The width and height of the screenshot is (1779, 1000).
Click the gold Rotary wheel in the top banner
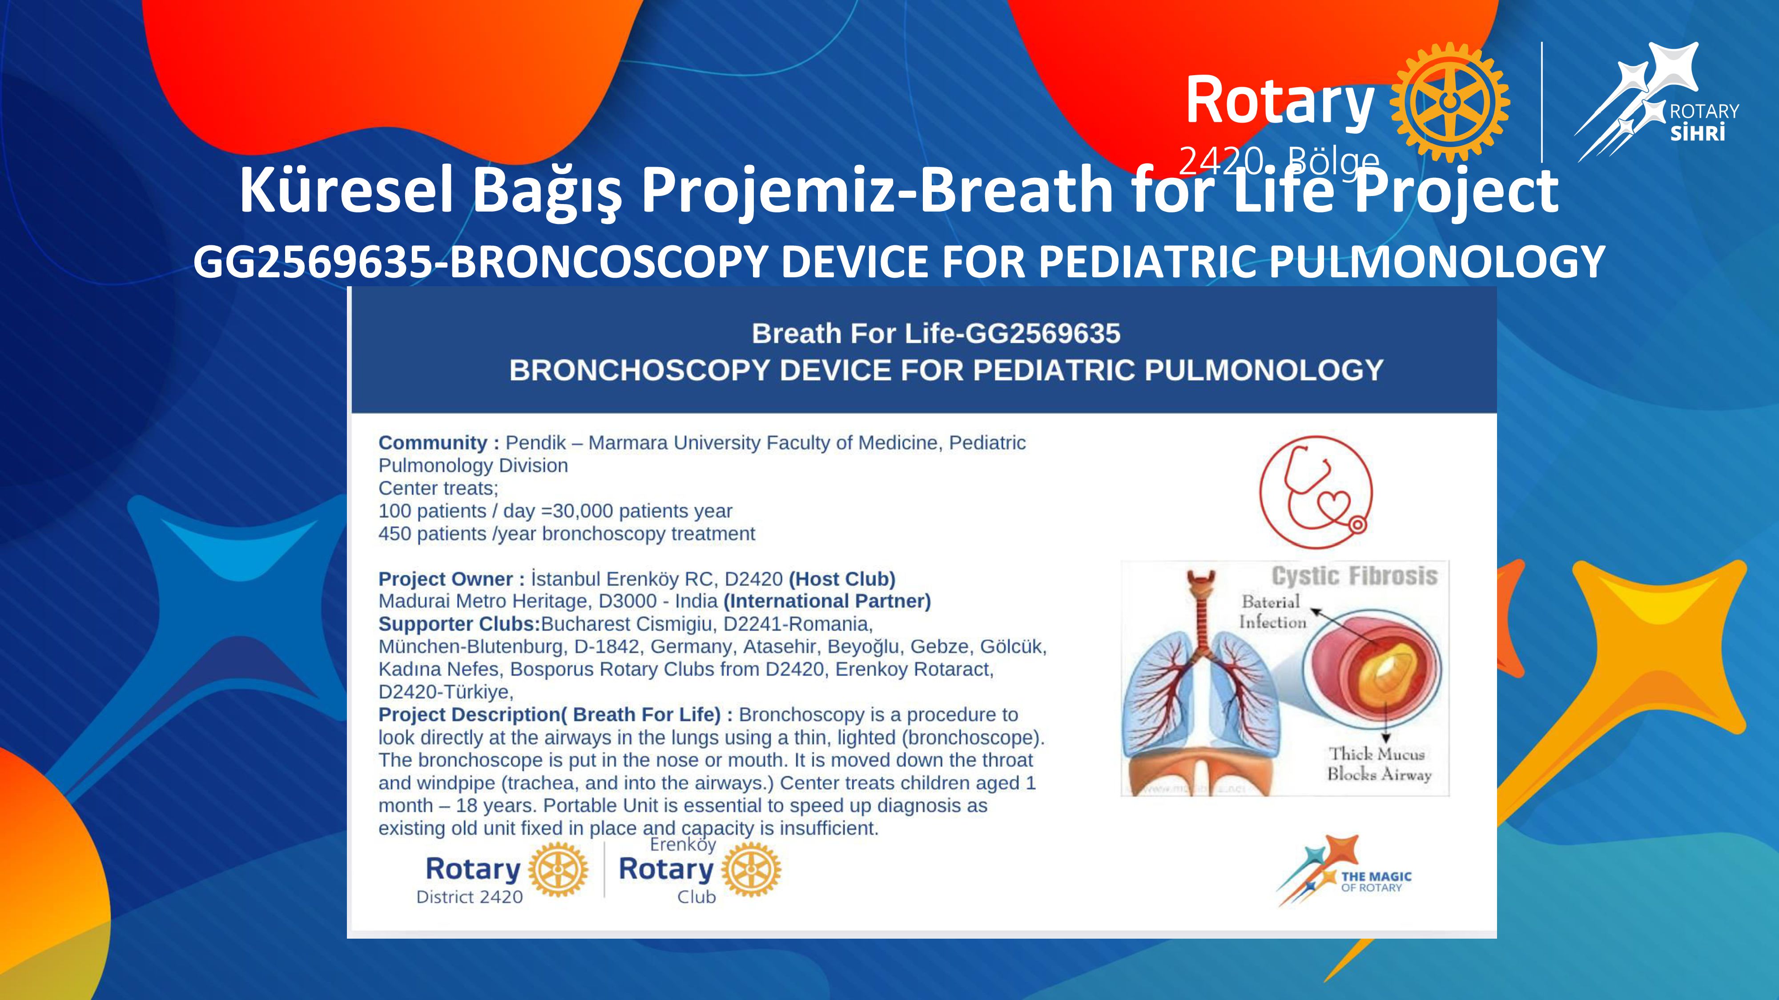coord(1449,102)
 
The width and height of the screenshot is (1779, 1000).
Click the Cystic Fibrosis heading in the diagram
coord(1354,576)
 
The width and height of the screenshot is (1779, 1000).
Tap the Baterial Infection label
coord(1272,612)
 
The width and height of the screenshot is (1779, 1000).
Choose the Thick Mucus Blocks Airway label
coord(1378,764)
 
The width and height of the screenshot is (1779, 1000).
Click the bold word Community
coord(433,443)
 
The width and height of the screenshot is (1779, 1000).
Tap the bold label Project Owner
coord(446,579)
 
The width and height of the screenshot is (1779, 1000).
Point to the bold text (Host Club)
coord(842,579)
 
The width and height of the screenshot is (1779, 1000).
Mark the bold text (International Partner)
coord(827,601)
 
